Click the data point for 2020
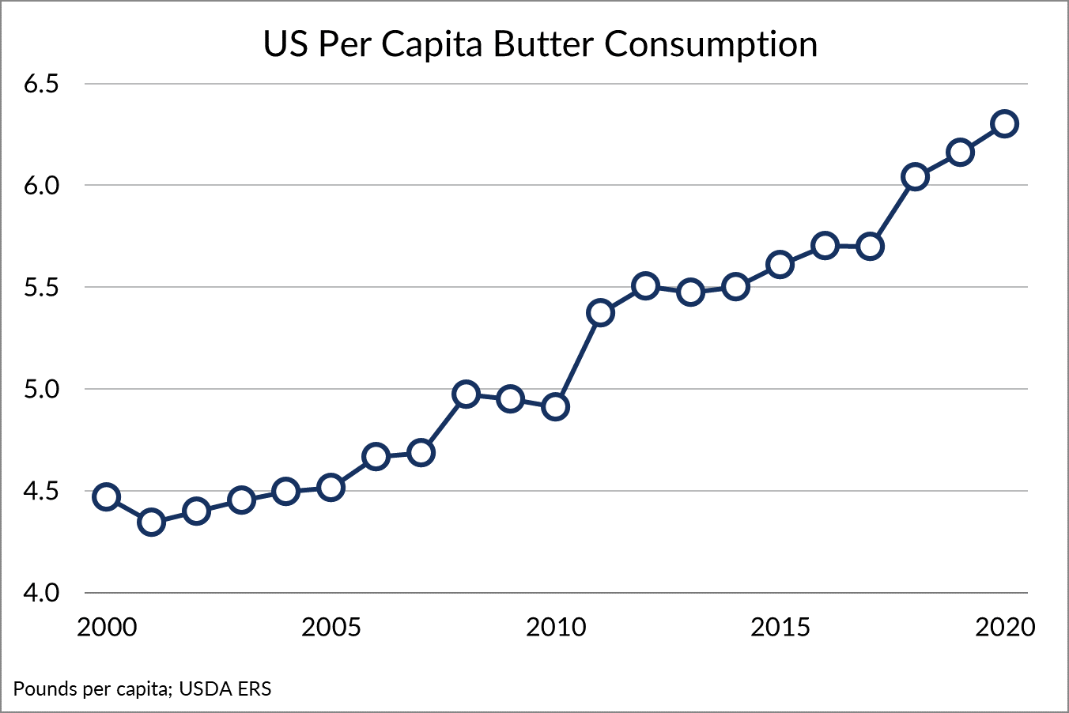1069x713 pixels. [x=1004, y=124]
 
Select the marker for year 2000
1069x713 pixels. [x=106, y=497]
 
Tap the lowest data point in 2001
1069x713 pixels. [x=151, y=522]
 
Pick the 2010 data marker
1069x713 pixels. [x=556, y=407]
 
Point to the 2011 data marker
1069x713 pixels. [x=601, y=313]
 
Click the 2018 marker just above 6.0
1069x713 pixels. [x=915, y=177]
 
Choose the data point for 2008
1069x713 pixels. [x=467, y=394]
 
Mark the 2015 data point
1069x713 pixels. [x=780, y=264]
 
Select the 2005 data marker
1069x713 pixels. [x=331, y=488]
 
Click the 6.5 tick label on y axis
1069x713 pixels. [x=41, y=84]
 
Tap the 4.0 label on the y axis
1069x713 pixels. [x=41, y=593]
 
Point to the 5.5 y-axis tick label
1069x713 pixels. [x=41, y=288]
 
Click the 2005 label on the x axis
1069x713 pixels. [x=331, y=628]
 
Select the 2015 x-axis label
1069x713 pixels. [x=780, y=628]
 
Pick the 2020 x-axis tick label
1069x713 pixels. [x=1004, y=628]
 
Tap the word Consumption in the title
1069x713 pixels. [x=711, y=46]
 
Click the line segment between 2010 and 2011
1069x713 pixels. [x=578, y=360]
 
